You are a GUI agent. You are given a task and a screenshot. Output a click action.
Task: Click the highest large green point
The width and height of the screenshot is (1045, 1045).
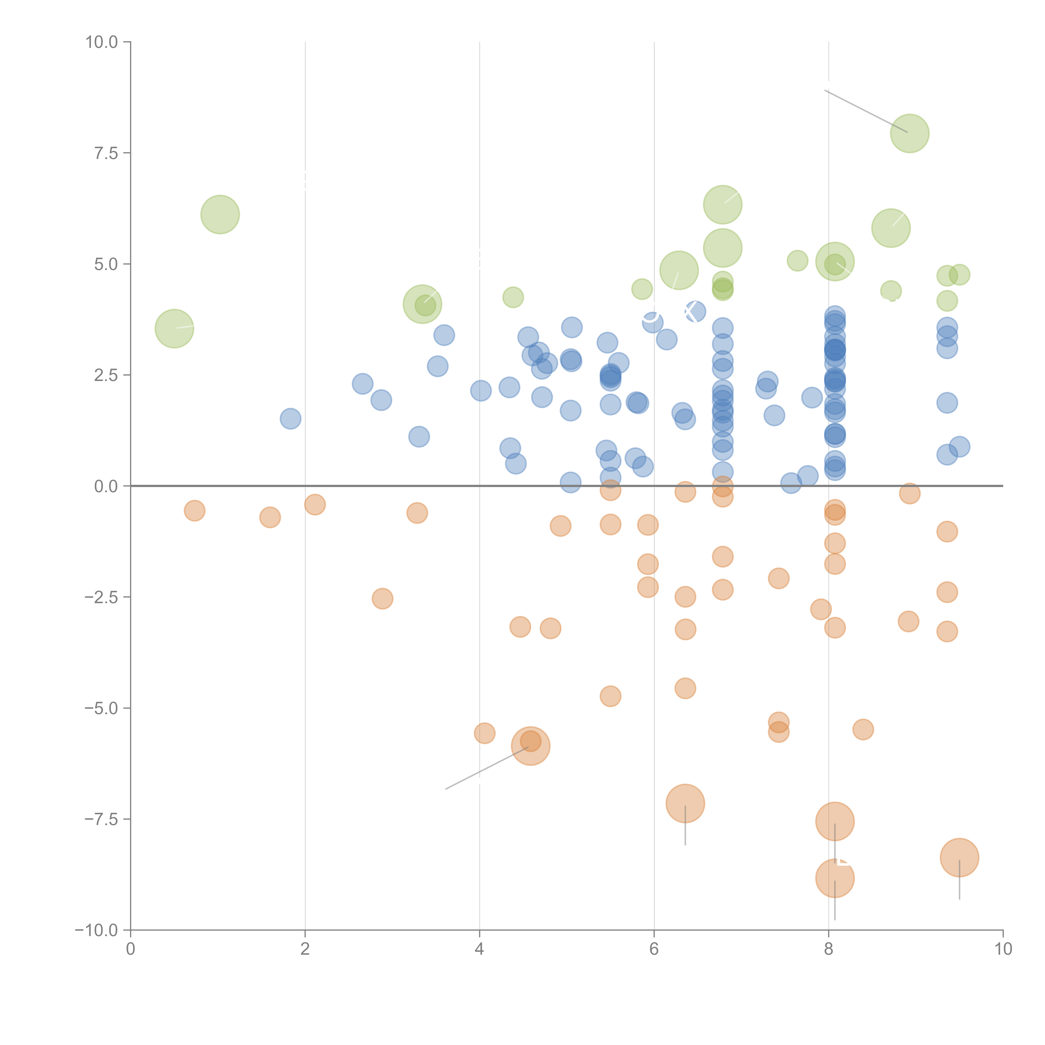tap(910, 133)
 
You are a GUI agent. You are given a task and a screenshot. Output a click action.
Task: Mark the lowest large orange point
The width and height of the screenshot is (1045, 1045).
tap(835, 878)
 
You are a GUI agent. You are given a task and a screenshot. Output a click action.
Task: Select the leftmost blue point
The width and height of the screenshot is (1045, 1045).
tap(291, 419)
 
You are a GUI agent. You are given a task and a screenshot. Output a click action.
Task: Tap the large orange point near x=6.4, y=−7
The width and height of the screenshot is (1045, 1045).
tap(685, 803)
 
